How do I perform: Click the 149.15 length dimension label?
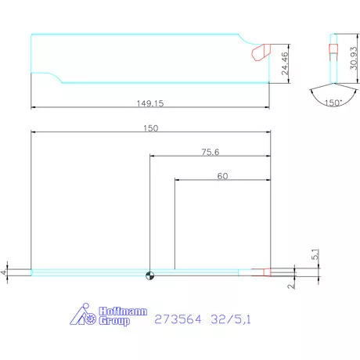point(150,103)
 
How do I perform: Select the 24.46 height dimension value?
point(285,63)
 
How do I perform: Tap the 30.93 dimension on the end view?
point(354,58)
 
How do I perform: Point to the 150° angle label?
point(333,103)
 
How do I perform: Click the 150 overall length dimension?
point(151,128)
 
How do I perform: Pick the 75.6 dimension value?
point(211,152)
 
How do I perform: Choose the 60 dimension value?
point(222,176)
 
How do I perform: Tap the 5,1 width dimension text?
point(315,254)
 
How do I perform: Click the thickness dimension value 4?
point(3,272)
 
